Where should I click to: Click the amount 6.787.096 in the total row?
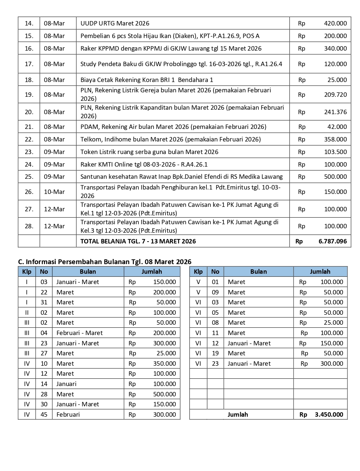tap(332, 241)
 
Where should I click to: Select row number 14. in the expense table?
tap(29, 23)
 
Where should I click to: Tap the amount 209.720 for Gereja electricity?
tap(335, 95)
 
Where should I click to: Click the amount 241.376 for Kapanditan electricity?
tap(335, 112)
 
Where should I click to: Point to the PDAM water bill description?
tap(173, 127)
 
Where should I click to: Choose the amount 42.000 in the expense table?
tap(337, 127)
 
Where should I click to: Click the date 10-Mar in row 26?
tap(54, 192)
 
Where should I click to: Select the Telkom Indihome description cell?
tap(171, 139)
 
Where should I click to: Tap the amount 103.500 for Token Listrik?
tap(335, 152)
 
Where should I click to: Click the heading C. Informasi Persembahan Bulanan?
tap(104, 262)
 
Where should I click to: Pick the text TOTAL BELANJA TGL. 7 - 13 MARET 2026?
tap(138, 241)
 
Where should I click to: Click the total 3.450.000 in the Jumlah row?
tap(329, 414)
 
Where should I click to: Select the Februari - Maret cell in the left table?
tap(79, 333)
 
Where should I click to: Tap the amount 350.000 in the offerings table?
tap(164, 364)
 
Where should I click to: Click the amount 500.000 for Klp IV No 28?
tap(164, 394)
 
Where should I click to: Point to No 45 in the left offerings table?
tap(44, 414)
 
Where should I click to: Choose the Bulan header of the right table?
tap(258, 272)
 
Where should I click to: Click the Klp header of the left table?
tap(27, 272)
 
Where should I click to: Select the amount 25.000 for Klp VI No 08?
tap(333, 322)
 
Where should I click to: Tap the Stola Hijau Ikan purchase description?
tap(170, 36)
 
